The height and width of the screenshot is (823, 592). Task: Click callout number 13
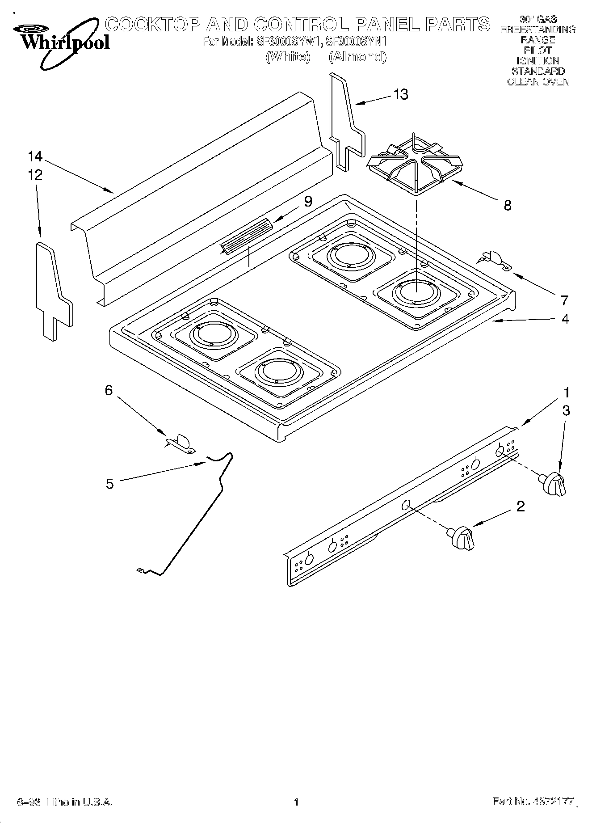click(x=401, y=94)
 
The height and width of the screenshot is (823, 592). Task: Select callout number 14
click(x=35, y=156)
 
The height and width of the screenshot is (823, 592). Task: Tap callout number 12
click(x=35, y=175)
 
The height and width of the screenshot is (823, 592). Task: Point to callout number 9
click(x=308, y=202)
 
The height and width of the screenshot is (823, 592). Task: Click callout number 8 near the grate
click(x=507, y=205)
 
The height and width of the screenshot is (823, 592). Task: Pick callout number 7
click(x=564, y=300)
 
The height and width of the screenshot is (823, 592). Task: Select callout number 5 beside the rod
click(x=109, y=484)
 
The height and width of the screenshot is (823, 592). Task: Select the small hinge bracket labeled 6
click(x=181, y=443)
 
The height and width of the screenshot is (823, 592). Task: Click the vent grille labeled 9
click(x=247, y=236)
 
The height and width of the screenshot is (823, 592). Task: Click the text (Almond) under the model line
click(x=357, y=57)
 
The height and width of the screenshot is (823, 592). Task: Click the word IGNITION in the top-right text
click(x=537, y=60)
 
